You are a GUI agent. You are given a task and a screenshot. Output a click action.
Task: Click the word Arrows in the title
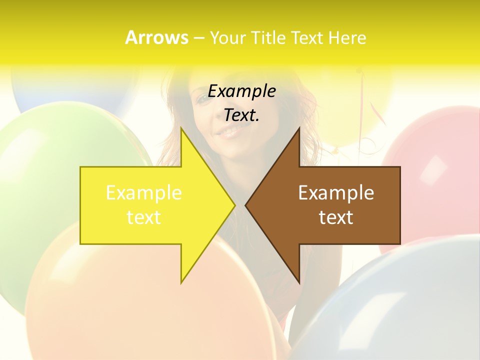tap(156, 37)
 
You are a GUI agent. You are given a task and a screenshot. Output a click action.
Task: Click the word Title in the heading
tap(267, 37)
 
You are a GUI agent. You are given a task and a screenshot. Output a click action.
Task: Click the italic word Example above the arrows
tap(242, 91)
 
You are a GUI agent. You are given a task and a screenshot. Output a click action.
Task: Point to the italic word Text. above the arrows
tap(242, 115)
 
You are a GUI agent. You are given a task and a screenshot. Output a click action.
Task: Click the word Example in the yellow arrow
tap(144, 193)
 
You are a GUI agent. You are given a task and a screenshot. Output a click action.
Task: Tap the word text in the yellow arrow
tap(144, 217)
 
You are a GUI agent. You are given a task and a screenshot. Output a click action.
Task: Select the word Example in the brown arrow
tap(336, 193)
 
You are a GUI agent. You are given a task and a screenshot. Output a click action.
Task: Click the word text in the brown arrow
tap(336, 217)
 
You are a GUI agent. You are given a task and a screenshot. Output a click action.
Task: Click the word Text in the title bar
tap(307, 37)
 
